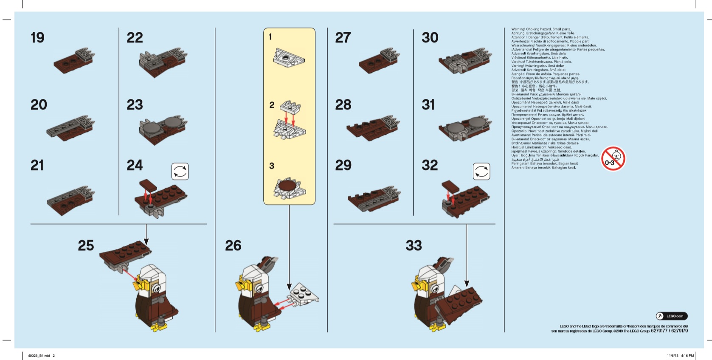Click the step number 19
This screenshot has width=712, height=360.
37,38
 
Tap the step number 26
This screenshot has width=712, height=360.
233,245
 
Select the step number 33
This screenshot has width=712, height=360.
414,245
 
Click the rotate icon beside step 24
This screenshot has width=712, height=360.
180,172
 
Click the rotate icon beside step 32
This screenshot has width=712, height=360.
481,172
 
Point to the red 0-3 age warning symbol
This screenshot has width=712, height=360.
613,159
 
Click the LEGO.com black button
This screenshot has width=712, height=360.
672,316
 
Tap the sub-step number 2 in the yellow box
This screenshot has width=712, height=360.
272,105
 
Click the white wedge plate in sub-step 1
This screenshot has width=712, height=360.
289,57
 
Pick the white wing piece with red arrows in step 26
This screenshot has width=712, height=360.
304,293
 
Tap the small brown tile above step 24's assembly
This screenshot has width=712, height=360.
148,185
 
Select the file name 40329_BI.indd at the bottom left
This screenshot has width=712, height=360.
39,356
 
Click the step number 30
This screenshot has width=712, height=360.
430,38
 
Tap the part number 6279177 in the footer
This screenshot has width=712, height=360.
660,331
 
